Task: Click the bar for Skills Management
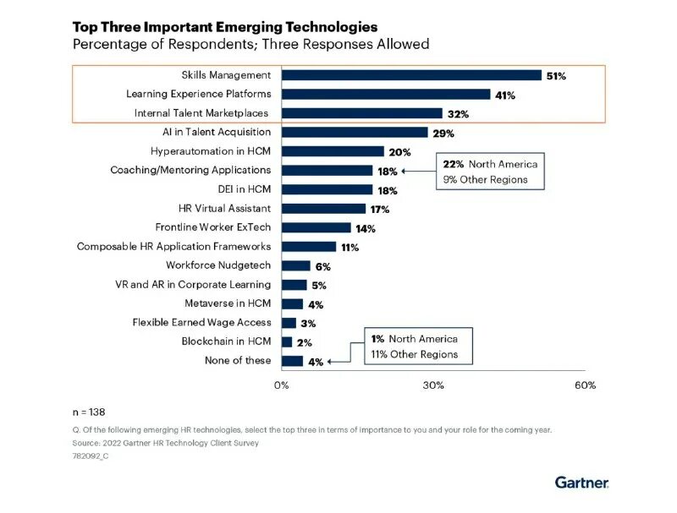[411, 75]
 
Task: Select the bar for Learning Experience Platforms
[386, 94]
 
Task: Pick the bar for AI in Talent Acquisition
[355, 132]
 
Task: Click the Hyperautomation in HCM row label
[211, 151]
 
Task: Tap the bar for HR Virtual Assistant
[323, 208]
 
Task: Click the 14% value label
[366, 228]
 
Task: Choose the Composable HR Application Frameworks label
[173, 246]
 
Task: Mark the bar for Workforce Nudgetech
[296, 265]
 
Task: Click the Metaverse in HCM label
[228, 303]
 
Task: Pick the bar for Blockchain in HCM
[287, 341]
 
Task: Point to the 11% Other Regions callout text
[415, 354]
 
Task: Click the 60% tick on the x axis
[586, 385]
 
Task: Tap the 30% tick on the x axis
[433, 385]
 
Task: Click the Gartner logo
[581, 483]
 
